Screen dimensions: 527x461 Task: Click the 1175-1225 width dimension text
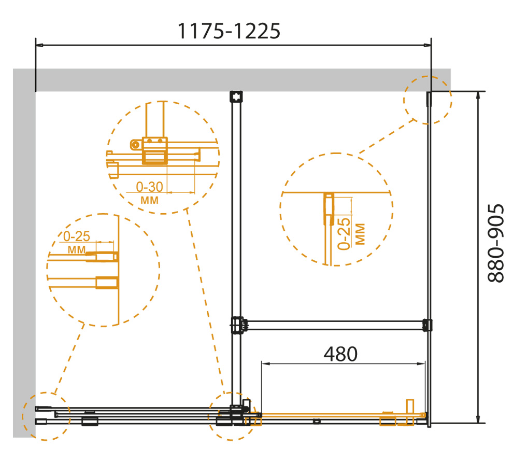229,31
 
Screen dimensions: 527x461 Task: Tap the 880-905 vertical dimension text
496,243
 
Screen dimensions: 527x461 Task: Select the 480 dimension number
340,354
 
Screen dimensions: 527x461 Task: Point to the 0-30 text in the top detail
149,187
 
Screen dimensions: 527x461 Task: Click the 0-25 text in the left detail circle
77,236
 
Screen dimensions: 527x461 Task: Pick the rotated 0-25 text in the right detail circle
344,234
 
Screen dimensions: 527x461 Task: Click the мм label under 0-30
149,200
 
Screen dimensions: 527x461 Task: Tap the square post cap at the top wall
236,96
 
